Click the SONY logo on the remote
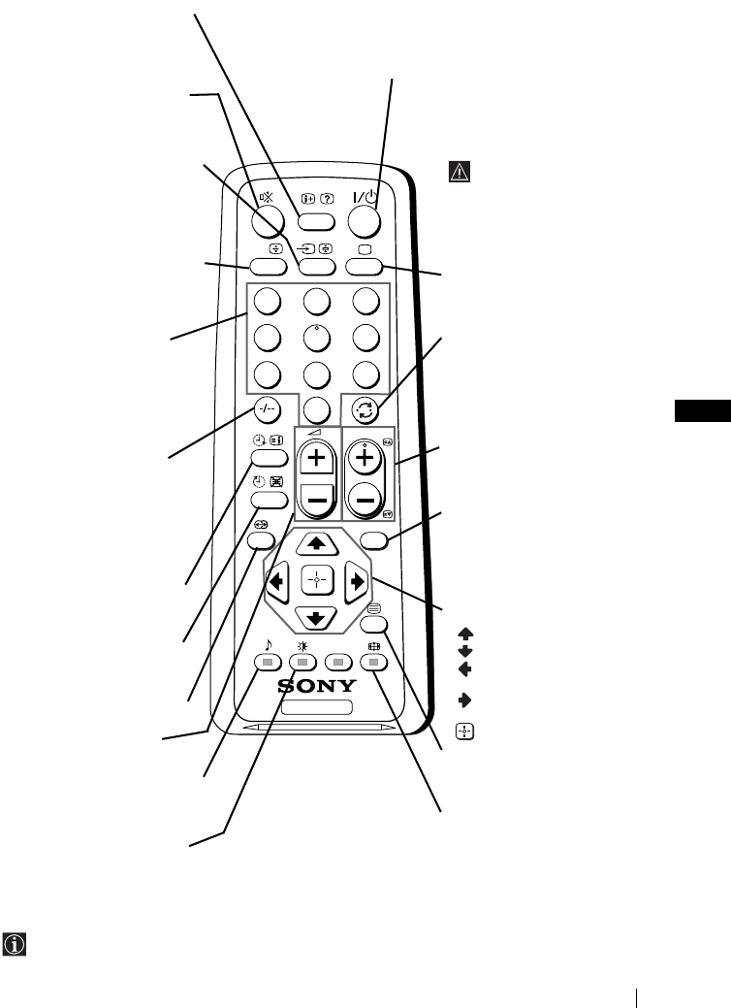[x=318, y=686]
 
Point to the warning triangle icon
[x=458, y=172]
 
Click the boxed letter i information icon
[x=14, y=943]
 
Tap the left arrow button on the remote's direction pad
[x=278, y=583]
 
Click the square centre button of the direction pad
[x=316, y=582]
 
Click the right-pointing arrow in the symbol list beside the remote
[x=465, y=699]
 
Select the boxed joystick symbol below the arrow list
[x=465, y=732]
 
